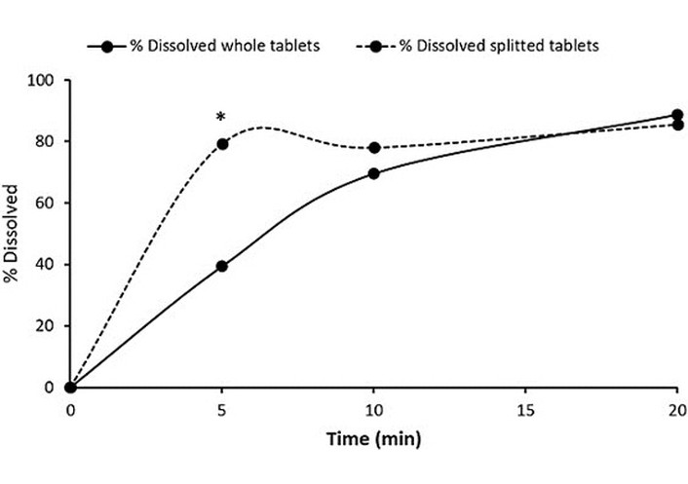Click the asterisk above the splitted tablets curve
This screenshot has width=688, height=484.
[x=221, y=118]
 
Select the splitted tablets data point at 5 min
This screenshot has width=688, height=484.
[x=222, y=144]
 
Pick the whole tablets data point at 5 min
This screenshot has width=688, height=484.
[x=222, y=266]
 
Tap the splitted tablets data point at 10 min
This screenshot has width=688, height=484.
[x=374, y=148]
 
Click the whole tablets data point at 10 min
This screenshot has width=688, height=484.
[x=374, y=173]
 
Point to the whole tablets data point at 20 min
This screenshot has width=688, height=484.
[x=678, y=115]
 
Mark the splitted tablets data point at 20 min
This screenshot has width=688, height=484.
[x=678, y=125]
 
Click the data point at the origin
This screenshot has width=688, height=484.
[x=70, y=387]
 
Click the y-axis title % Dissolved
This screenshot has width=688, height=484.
[x=13, y=234]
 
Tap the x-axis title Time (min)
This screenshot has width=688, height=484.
[x=374, y=439]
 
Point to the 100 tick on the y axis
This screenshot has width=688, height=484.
[x=45, y=80]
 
